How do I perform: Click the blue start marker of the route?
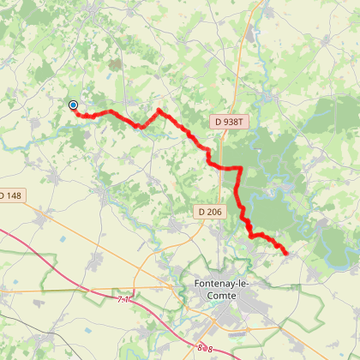(x=73, y=105)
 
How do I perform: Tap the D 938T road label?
(x=229, y=123)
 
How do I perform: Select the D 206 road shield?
(x=208, y=211)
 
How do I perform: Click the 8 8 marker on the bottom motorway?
(x=204, y=347)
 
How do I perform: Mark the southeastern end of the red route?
(x=285, y=252)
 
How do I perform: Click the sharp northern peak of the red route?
(x=159, y=111)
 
